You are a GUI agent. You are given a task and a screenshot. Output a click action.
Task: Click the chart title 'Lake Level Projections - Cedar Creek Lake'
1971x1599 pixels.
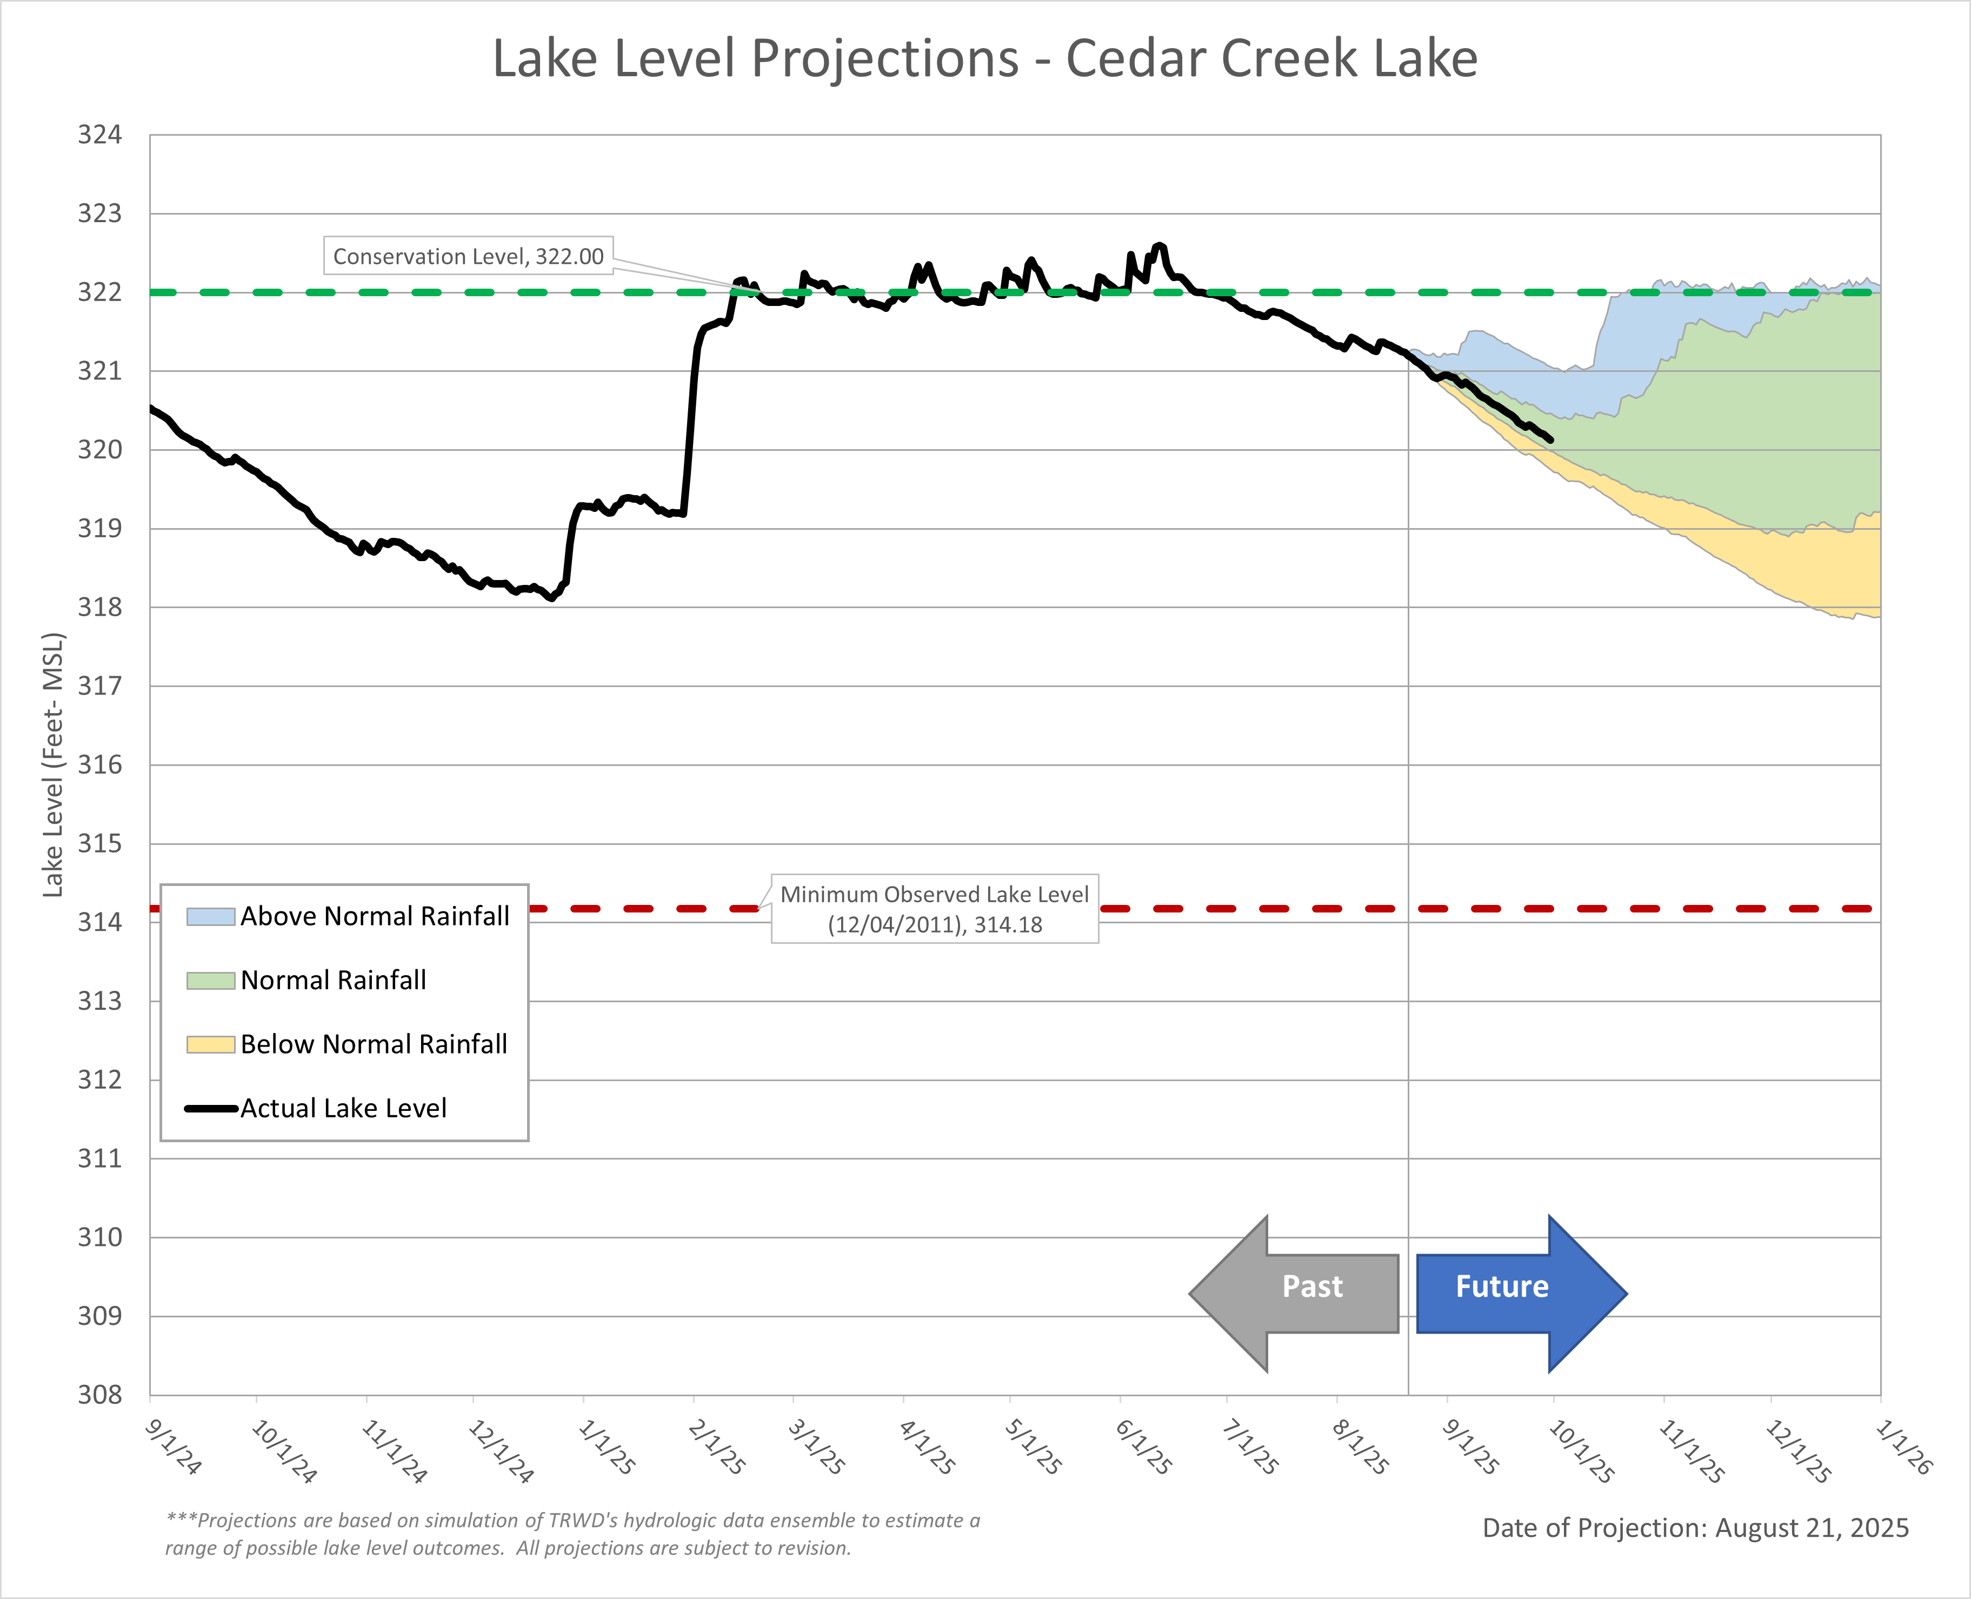click(984, 59)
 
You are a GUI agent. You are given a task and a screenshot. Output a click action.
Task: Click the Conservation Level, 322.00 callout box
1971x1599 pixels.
click(468, 256)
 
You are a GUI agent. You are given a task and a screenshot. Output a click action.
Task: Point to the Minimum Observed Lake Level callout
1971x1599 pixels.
click(934, 909)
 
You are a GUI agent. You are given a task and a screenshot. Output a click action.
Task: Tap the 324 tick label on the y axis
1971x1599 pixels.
click(99, 135)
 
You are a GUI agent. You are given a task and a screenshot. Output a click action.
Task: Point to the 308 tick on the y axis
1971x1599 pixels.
click(99, 1395)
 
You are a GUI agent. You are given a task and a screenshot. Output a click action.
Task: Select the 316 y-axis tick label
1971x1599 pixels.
click(99, 764)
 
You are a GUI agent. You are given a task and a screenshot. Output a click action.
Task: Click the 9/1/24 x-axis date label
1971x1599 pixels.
click(173, 1446)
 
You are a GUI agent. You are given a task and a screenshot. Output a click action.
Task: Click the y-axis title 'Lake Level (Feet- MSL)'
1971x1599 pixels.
click(54, 764)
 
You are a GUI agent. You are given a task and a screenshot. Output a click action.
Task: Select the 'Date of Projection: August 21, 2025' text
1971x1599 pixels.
click(1695, 1528)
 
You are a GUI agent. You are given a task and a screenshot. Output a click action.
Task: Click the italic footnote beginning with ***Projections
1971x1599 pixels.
click(571, 1534)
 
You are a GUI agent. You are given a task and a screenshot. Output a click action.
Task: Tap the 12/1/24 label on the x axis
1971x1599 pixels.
click(500, 1451)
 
